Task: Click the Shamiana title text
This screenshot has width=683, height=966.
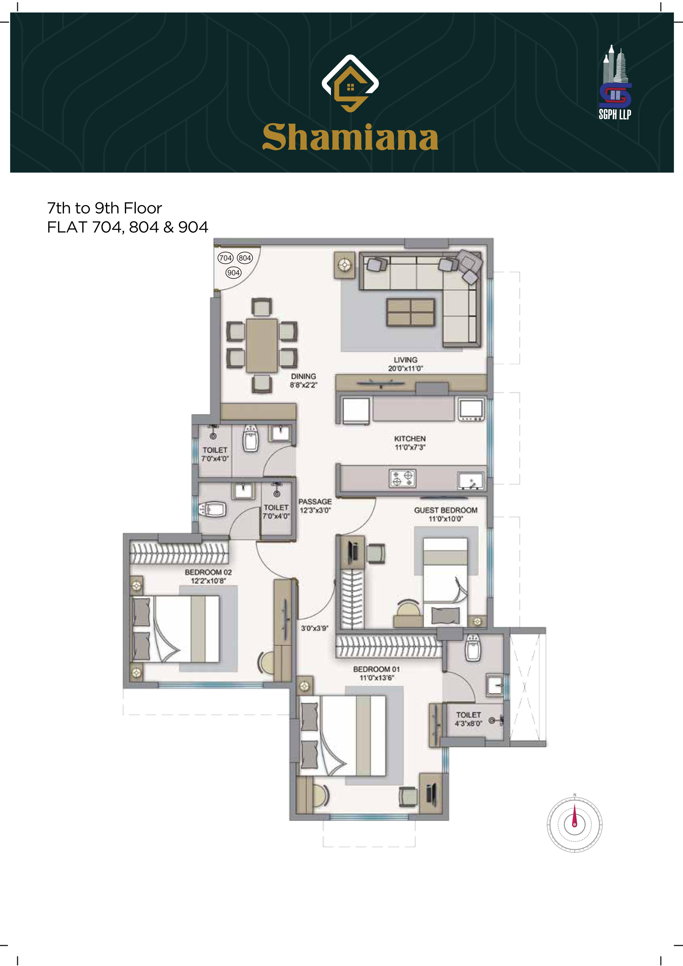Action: coord(350,137)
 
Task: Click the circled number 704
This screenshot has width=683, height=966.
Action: coord(226,258)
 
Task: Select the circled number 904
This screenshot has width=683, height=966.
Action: coord(234,273)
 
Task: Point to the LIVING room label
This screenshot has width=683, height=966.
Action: coord(406,360)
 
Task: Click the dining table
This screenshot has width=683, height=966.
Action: coord(262,345)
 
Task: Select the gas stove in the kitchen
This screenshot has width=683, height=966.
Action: coord(403,479)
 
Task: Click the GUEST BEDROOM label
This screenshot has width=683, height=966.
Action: coord(445,510)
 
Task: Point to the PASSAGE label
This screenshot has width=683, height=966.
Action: coord(315,502)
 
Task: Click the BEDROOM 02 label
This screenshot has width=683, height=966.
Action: coord(208,572)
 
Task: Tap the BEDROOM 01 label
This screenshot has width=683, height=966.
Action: coord(376,669)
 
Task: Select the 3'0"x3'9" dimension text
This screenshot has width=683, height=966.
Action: coord(314,628)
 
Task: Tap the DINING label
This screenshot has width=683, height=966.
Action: coord(303,376)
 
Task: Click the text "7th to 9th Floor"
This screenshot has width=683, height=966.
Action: coord(104,208)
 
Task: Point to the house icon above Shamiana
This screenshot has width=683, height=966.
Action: coord(350,84)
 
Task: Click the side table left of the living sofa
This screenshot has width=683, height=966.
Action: coord(345,265)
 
